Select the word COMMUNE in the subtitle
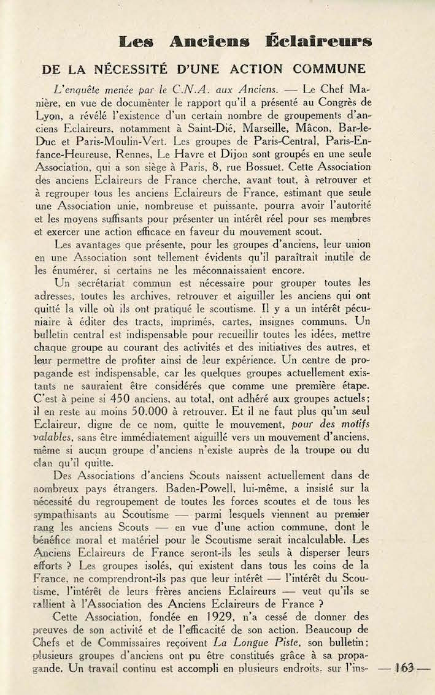(x=328, y=69)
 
